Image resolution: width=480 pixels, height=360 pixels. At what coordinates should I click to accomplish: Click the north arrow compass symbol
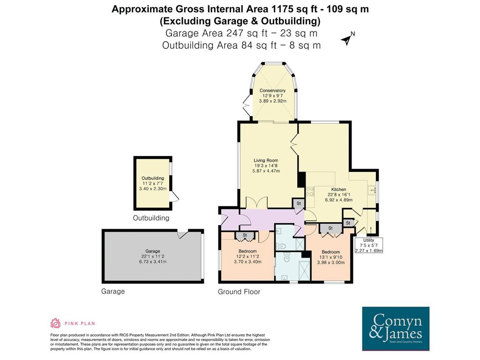click(x=347, y=39)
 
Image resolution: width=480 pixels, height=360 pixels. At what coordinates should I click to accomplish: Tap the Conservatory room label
click(x=272, y=90)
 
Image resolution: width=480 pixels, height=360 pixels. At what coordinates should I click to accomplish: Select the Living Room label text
click(x=266, y=160)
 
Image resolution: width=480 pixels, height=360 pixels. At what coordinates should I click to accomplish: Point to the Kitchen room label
click(x=338, y=189)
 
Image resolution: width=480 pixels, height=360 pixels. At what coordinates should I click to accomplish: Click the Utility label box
click(x=368, y=245)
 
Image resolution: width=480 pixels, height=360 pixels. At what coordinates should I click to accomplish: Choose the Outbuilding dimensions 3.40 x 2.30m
click(x=153, y=188)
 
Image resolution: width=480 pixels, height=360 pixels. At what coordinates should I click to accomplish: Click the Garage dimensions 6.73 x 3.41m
click(x=153, y=262)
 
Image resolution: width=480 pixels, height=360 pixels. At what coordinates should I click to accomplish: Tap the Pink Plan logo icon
click(x=55, y=323)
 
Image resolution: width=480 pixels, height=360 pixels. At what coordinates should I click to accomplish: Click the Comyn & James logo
click(x=396, y=329)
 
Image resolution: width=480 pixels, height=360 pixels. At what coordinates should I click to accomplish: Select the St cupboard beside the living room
click(x=299, y=203)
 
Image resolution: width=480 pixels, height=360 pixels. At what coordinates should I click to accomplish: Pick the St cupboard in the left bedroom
click(x=245, y=235)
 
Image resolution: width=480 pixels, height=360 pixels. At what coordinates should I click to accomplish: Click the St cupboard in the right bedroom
click(x=330, y=228)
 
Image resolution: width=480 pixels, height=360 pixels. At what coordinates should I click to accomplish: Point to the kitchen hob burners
click(x=310, y=192)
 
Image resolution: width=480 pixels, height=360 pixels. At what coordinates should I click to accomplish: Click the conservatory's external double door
click(x=247, y=104)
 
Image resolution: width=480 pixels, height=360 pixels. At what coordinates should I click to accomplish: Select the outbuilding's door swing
click(x=174, y=196)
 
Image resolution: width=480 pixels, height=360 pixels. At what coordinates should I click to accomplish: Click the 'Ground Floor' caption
click(x=239, y=292)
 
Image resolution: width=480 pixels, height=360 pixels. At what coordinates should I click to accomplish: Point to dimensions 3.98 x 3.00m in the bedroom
click(x=330, y=262)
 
